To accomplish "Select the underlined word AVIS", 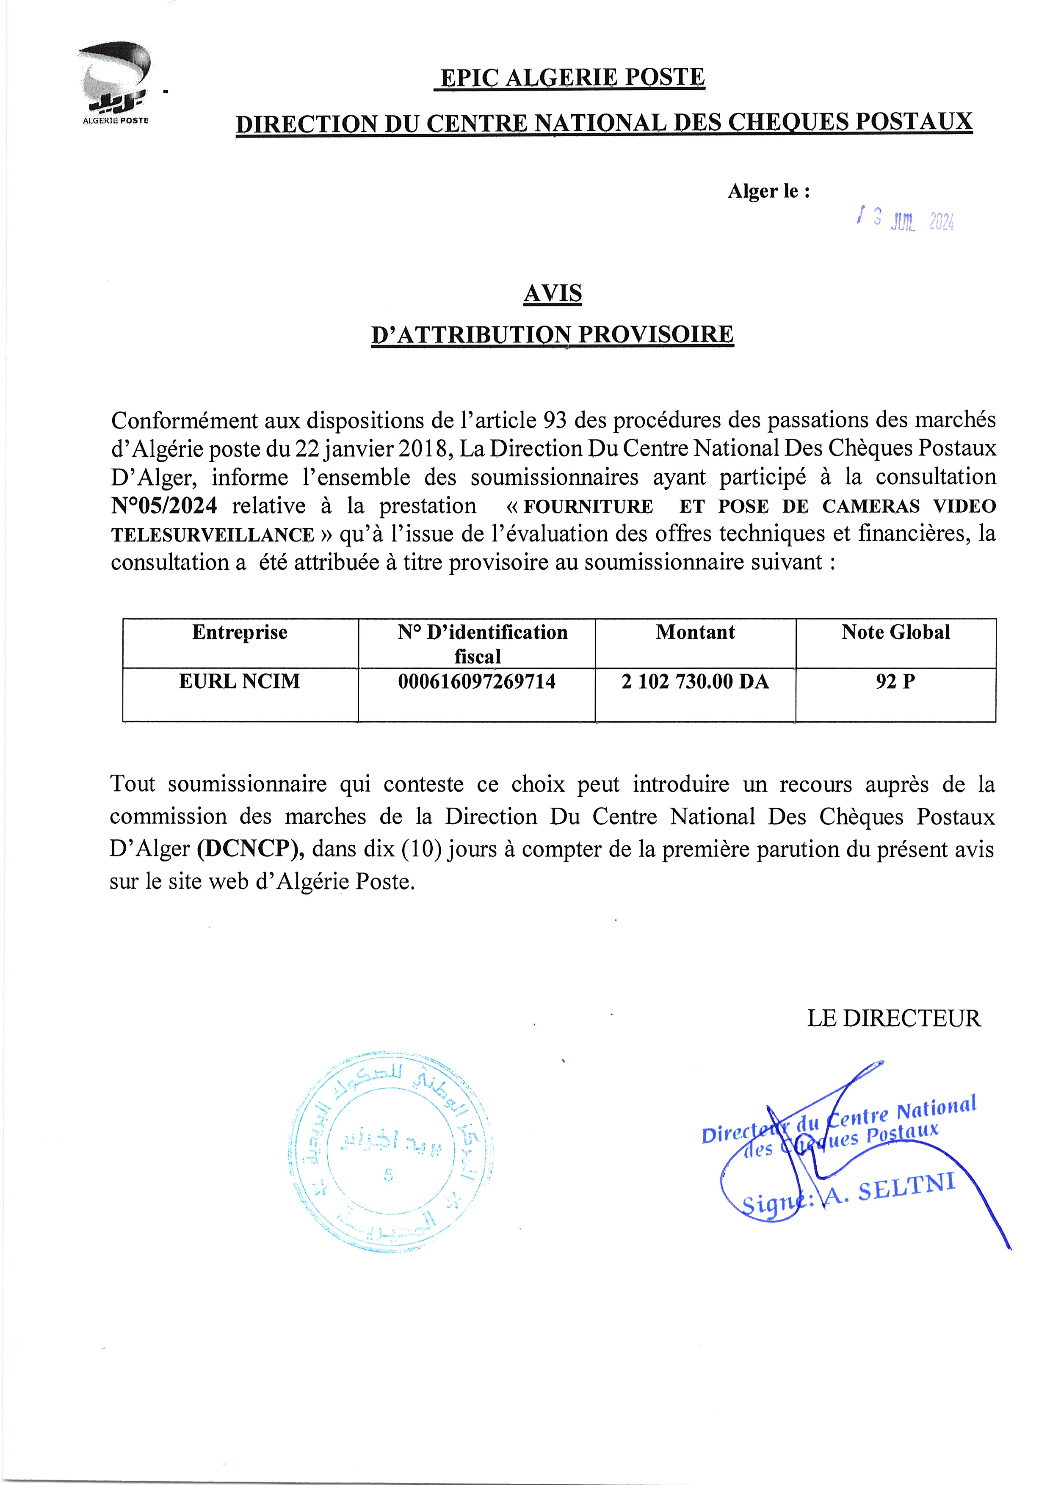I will [x=553, y=294].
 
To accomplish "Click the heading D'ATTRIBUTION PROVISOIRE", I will [x=553, y=334].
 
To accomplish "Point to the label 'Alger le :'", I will [x=768, y=191].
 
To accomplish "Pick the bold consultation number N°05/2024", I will [x=164, y=505].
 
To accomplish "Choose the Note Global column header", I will [x=895, y=632].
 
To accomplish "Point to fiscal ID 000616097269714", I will [x=476, y=681].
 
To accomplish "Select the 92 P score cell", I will [x=895, y=681].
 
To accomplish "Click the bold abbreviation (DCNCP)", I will [x=251, y=849].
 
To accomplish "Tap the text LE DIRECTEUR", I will [x=893, y=1019].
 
